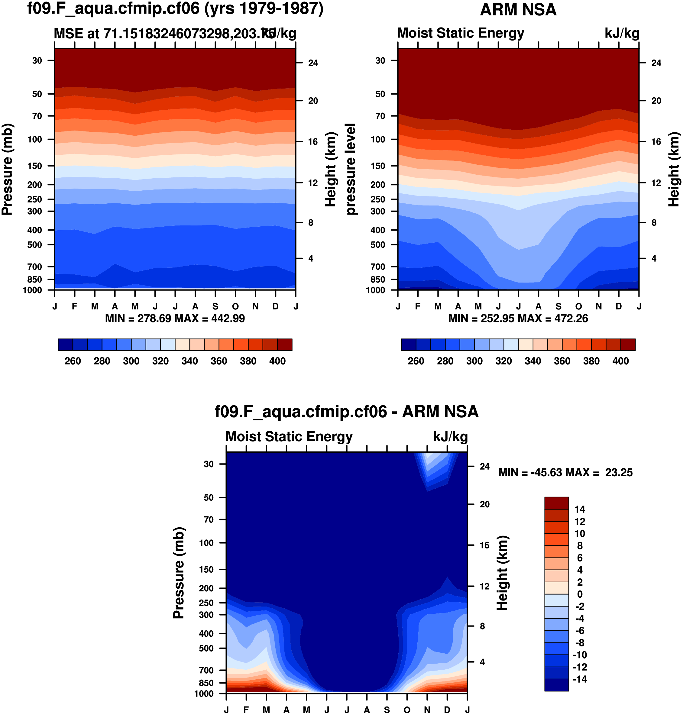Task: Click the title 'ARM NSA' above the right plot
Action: click(518, 10)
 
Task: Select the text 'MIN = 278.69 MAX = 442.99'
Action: click(175, 319)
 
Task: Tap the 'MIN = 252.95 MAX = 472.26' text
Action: click(518, 319)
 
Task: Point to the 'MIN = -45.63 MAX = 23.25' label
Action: click(565, 473)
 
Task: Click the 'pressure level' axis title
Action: click(350, 169)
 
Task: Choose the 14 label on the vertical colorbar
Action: click(580, 509)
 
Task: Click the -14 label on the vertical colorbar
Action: click(579, 679)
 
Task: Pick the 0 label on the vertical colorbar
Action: click(580, 594)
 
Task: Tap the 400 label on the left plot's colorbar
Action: click(277, 361)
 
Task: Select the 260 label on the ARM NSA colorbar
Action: click(416, 361)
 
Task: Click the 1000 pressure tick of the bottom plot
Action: click(204, 694)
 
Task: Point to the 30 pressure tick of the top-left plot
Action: click(37, 60)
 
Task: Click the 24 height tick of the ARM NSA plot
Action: click(656, 63)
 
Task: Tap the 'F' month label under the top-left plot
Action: click(75, 306)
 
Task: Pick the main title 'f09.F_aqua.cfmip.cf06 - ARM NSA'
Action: click(346, 412)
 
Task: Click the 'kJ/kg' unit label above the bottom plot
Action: click(450, 436)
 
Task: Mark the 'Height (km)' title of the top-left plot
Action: click(330, 169)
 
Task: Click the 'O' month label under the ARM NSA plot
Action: click(578, 306)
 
